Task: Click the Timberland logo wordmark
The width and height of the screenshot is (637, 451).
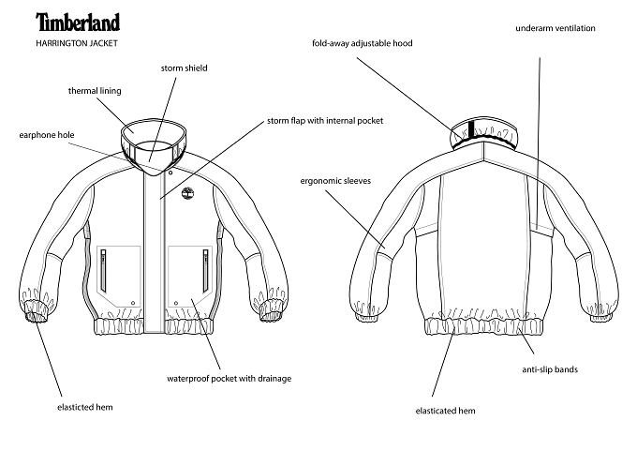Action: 78,22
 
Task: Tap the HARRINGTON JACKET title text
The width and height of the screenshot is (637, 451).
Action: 77,43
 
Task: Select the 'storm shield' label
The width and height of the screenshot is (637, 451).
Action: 184,68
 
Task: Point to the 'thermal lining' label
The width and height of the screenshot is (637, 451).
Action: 95,91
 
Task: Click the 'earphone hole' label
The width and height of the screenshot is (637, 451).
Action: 47,135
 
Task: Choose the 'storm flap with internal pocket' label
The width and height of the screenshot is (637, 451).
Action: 325,121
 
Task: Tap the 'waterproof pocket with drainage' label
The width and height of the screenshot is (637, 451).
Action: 230,379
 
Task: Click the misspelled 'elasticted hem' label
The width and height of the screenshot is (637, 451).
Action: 85,407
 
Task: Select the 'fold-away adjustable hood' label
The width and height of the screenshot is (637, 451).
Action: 363,43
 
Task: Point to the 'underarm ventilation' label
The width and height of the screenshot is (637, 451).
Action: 556,28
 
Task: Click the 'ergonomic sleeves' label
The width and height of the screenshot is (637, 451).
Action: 335,181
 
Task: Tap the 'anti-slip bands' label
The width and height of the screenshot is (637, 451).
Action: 550,369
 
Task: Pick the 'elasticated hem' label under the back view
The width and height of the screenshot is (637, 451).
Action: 445,411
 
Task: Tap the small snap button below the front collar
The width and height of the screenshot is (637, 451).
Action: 170,173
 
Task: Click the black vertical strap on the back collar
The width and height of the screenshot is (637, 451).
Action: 471,129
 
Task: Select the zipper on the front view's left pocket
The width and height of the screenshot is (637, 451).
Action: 104,271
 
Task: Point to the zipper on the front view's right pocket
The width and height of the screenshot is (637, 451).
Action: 206,271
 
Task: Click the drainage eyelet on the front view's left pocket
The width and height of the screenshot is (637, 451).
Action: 133,303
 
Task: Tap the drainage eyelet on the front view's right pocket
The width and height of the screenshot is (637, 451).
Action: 176,303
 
